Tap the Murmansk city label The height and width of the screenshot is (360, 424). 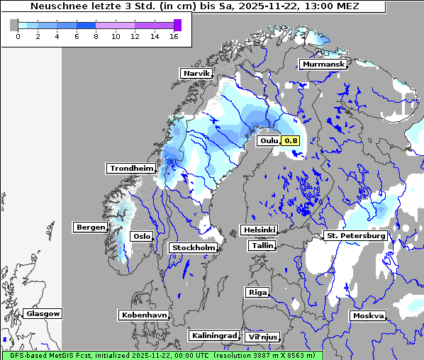click(x=323, y=64)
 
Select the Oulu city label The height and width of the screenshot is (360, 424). click(x=269, y=141)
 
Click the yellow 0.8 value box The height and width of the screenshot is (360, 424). click(x=291, y=141)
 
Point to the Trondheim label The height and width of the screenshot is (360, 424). click(x=131, y=169)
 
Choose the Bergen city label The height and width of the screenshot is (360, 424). click(x=90, y=227)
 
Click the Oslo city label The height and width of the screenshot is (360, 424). click(x=143, y=236)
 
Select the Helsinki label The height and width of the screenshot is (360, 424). click(x=259, y=230)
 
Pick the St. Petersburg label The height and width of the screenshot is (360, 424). click(x=355, y=235)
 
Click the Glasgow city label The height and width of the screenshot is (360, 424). click(x=43, y=313)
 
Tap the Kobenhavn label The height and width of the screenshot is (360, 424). click(x=144, y=315)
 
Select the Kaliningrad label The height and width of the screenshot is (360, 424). click(x=213, y=335)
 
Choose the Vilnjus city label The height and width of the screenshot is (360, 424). click(x=262, y=337)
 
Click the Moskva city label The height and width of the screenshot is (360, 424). click(x=368, y=316)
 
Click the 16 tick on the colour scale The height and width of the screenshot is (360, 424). click(x=174, y=37)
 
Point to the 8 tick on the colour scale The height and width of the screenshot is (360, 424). click(x=96, y=37)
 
